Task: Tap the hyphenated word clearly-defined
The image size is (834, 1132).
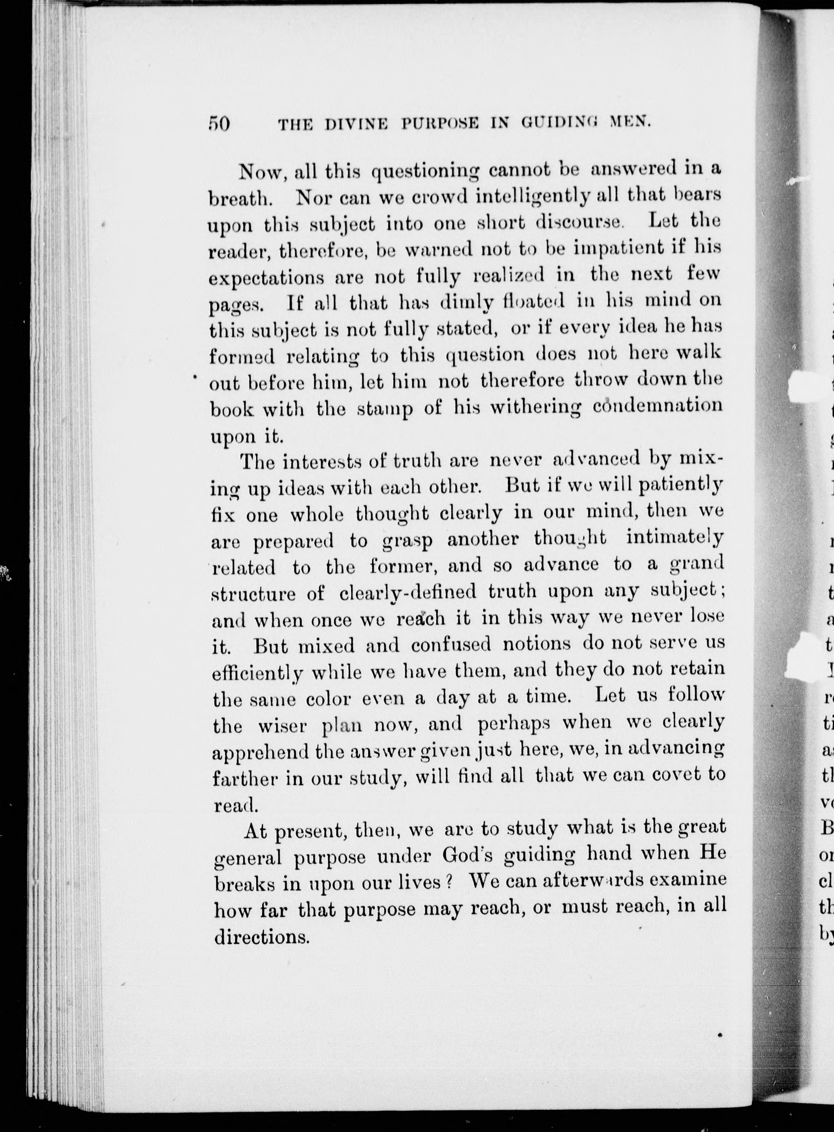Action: click(x=408, y=592)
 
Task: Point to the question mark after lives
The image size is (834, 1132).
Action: click(x=449, y=881)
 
